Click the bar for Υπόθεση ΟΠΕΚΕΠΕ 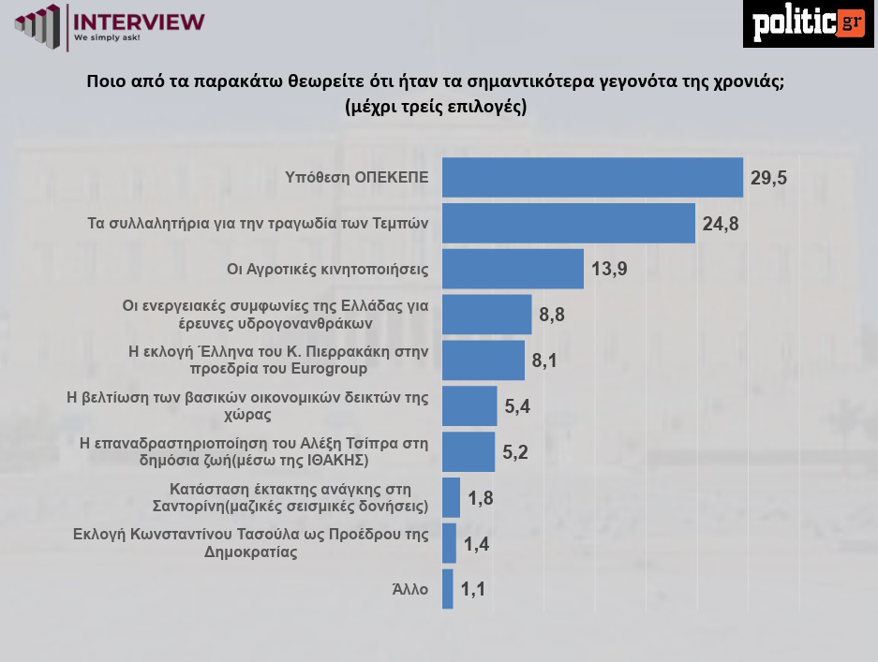click(x=591, y=178)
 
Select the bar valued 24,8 click(x=568, y=223)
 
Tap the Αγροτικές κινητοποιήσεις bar click(x=513, y=269)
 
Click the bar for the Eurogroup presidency click(x=483, y=360)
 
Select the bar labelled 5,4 click(x=469, y=406)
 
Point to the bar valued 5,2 click(x=468, y=451)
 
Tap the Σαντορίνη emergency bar click(x=451, y=497)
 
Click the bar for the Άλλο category click(x=447, y=589)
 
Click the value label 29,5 click(x=767, y=178)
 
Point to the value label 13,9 click(x=609, y=269)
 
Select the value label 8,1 click(x=544, y=360)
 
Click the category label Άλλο click(x=409, y=589)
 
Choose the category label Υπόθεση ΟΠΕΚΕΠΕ click(x=356, y=178)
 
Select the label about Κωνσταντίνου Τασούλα click(x=250, y=543)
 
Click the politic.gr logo click(x=808, y=23)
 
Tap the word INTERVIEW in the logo click(x=138, y=21)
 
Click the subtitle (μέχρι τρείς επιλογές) click(x=436, y=106)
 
